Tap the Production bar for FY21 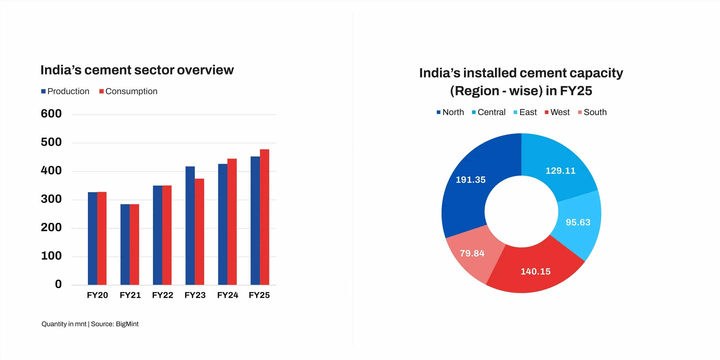125,245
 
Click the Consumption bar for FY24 232,222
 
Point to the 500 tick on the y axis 51,142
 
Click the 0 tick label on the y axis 58,284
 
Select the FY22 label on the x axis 162,295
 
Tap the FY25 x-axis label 259,295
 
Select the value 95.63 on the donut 578,222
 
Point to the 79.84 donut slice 472,253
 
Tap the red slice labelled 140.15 535,271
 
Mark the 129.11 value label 560,171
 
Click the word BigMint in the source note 127,324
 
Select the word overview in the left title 205,70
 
